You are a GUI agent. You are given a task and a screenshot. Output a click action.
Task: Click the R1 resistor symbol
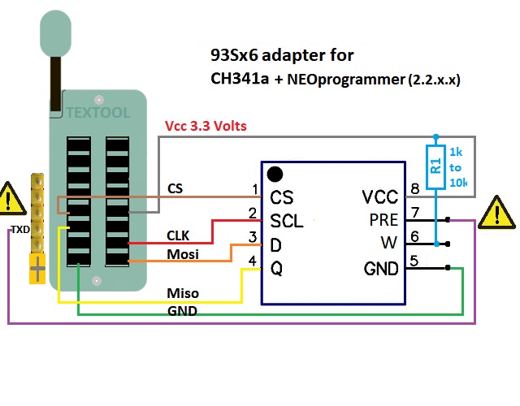pyautogui.click(x=435, y=167)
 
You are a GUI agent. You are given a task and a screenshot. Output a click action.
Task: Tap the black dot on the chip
pyautogui.click(x=275, y=174)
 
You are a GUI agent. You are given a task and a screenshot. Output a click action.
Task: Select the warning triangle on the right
pyautogui.click(x=495, y=212)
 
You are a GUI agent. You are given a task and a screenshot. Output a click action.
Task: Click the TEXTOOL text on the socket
pyautogui.click(x=98, y=113)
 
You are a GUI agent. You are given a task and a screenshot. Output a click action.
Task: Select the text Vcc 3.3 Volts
pyautogui.click(x=206, y=127)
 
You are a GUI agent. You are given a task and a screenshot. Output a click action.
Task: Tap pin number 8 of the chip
pyautogui.click(x=414, y=189)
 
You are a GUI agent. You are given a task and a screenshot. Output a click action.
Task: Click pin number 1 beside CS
pyautogui.click(x=255, y=189)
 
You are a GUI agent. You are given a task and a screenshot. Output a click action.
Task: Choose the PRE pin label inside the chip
pyautogui.click(x=383, y=220)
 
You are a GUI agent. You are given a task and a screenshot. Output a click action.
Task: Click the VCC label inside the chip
pyautogui.click(x=381, y=197)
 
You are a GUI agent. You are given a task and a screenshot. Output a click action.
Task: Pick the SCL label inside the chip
pyautogui.click(x=287, y=220)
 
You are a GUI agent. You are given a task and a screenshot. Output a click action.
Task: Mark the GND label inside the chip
pyautogui.click(x=381, y=268)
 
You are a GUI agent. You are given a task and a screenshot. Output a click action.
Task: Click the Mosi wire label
pyautogui.click(x=183, y=255)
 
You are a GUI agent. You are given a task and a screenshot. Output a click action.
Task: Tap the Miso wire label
pyautogui.click(x=183, y=292)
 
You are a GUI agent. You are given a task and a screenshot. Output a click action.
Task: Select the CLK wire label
pyautogui.click(x=178, y=235)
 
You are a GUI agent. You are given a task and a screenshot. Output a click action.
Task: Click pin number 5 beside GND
pyautogui.click(x=414, y=261)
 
